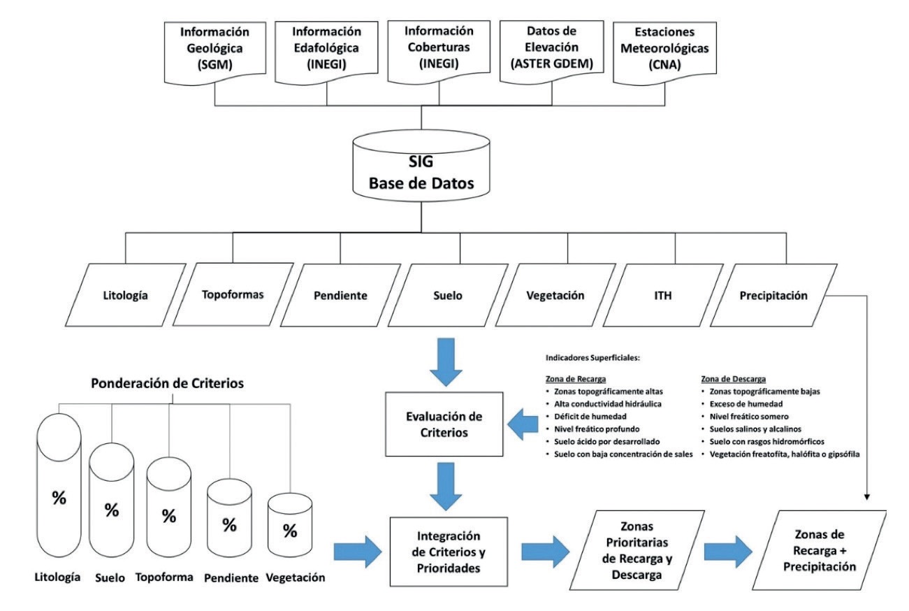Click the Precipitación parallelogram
(x=773, y=295)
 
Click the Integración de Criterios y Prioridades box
(x=439, y=552)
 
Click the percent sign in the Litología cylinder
(x=59, y=500)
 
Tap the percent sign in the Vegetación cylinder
(x=290, y=531)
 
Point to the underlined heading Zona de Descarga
(x=723, y=377)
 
